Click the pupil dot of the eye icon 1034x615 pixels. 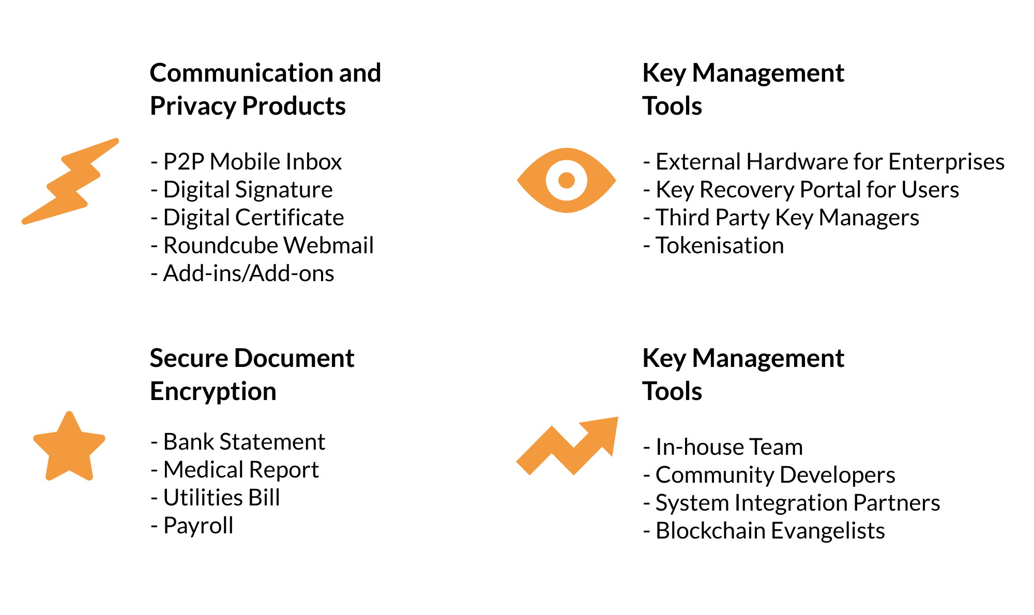567,180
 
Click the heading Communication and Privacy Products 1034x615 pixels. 265,89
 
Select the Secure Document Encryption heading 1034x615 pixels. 252,375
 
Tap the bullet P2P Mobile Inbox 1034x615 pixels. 246,162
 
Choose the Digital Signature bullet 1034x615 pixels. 241,190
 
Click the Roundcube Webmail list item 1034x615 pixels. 262,245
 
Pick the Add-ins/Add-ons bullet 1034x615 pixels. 242,273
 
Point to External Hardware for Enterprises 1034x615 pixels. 824,162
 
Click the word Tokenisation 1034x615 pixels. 720,245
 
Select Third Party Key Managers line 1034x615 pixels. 781,218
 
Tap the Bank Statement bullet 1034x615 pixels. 238,442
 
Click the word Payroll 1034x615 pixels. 199,526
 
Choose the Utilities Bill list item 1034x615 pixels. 215,498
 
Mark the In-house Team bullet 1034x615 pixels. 723,447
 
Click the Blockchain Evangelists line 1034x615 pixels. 764,531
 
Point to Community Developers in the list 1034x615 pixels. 769,475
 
